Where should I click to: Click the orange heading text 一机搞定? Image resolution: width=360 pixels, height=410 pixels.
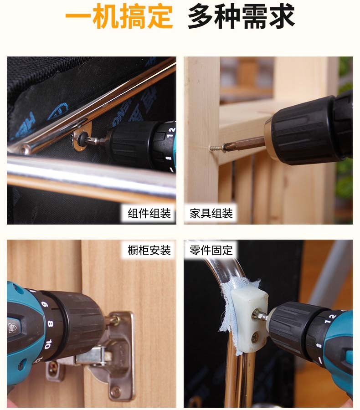(119, 16)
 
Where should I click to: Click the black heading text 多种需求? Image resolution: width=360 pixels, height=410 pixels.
(241, 16)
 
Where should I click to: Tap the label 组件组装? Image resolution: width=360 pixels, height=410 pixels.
(149, 213)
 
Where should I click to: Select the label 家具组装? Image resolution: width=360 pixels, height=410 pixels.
(211, 213)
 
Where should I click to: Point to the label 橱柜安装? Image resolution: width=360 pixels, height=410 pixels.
(149, 250)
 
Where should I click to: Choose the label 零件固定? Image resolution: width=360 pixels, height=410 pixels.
(211, 250)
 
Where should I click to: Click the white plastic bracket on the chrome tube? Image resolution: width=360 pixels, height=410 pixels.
(249, 320)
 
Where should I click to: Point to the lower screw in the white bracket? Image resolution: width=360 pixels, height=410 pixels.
(256, 337)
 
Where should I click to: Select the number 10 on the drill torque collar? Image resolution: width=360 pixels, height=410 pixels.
(48, 344)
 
